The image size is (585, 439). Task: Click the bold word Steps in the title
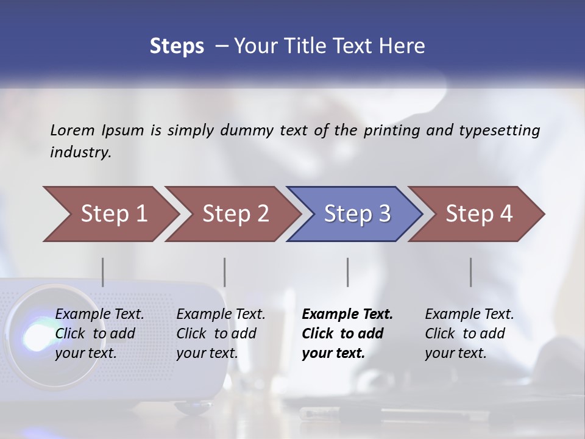point(177,46)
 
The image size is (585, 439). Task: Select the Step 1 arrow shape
point(110,214)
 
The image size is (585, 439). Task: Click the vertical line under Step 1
point(103,272)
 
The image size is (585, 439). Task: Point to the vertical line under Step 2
point(225,272)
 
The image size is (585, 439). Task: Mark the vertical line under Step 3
point(348,272)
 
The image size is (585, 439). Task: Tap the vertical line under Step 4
point(471,272)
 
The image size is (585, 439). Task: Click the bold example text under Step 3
point(347,334)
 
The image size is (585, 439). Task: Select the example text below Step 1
point(99,334)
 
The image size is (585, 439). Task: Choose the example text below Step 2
point(221,334)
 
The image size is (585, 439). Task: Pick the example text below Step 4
point(469,334)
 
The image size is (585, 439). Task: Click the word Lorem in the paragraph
point(73,130)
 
